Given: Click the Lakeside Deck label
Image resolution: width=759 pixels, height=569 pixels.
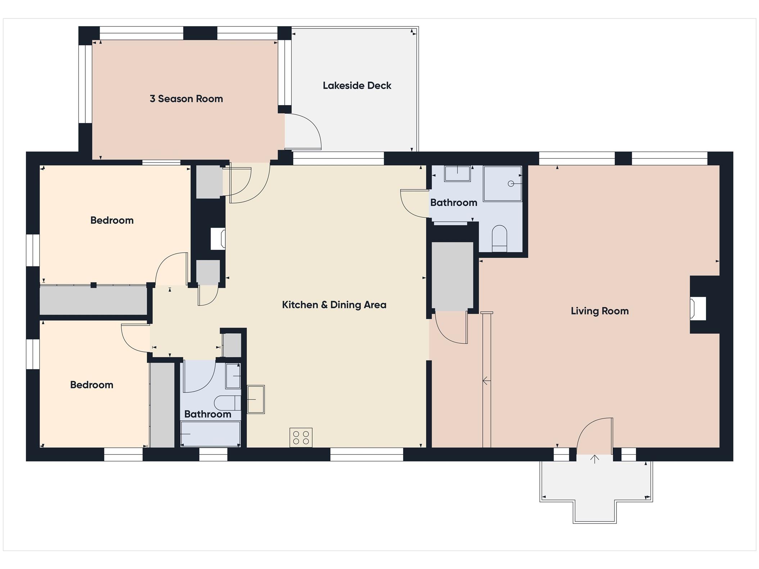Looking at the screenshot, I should click(x=357, y=86).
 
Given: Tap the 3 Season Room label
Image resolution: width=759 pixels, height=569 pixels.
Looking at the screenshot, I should click(x=186, y=99).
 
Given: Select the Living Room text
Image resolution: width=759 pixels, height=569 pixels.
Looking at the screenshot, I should click(x=599, y=311).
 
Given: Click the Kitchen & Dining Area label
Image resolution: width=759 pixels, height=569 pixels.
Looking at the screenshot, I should click(x=334, y=305).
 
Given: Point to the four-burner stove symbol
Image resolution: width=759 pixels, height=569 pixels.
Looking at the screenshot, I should click(x=301, y=437).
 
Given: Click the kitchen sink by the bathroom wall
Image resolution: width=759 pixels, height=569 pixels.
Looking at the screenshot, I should click(x=256, y=399).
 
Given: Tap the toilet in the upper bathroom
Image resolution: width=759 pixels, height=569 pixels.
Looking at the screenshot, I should click(x=499, y=238).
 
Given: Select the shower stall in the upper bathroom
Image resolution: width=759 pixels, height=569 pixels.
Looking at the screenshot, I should click(x=502, y=184).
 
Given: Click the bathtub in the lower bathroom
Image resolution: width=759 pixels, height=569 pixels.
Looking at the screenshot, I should click(x=210, y=434).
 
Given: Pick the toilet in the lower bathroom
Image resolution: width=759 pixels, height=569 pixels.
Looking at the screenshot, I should click(x=227, y=403).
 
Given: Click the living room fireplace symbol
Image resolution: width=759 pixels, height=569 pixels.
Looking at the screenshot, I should click(x=698, y=308).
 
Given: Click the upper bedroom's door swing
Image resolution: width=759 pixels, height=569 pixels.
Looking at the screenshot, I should click(x=171, y=268).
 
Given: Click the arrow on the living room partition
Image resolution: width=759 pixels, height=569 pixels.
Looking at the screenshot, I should click(x=486, y=380).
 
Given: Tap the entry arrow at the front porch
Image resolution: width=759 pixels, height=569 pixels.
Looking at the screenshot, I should click(x=595, y=459).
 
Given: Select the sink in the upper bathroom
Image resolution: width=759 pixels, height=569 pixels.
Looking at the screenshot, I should click(x=457, y=173).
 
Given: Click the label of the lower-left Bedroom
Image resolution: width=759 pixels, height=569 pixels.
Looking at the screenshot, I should click(x=91, y=385).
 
